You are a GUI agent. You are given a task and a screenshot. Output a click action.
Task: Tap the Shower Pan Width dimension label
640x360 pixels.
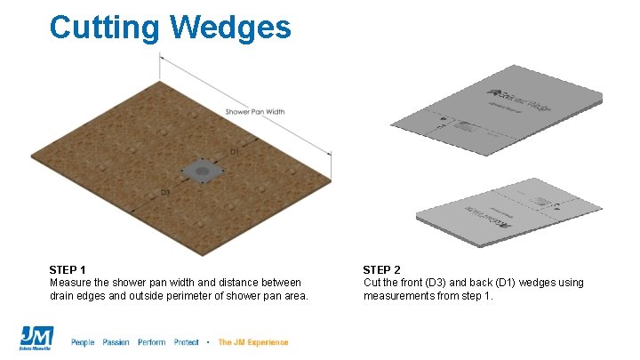255,112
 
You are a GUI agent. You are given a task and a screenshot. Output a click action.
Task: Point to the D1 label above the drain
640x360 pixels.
235,153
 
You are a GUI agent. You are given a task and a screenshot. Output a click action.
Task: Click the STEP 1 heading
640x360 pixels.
68,269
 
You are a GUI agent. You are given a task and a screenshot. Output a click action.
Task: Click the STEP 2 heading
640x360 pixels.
381,269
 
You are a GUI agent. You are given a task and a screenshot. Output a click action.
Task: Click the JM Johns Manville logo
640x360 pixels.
36,339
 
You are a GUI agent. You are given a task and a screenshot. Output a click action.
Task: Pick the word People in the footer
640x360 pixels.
83,342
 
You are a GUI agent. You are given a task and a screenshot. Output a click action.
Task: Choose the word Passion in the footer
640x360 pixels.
116,342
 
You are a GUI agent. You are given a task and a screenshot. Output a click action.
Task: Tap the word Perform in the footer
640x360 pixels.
152,342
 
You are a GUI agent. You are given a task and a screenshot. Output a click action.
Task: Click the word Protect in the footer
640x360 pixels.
187,342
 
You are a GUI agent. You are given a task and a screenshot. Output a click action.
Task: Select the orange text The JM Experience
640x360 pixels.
253,342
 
